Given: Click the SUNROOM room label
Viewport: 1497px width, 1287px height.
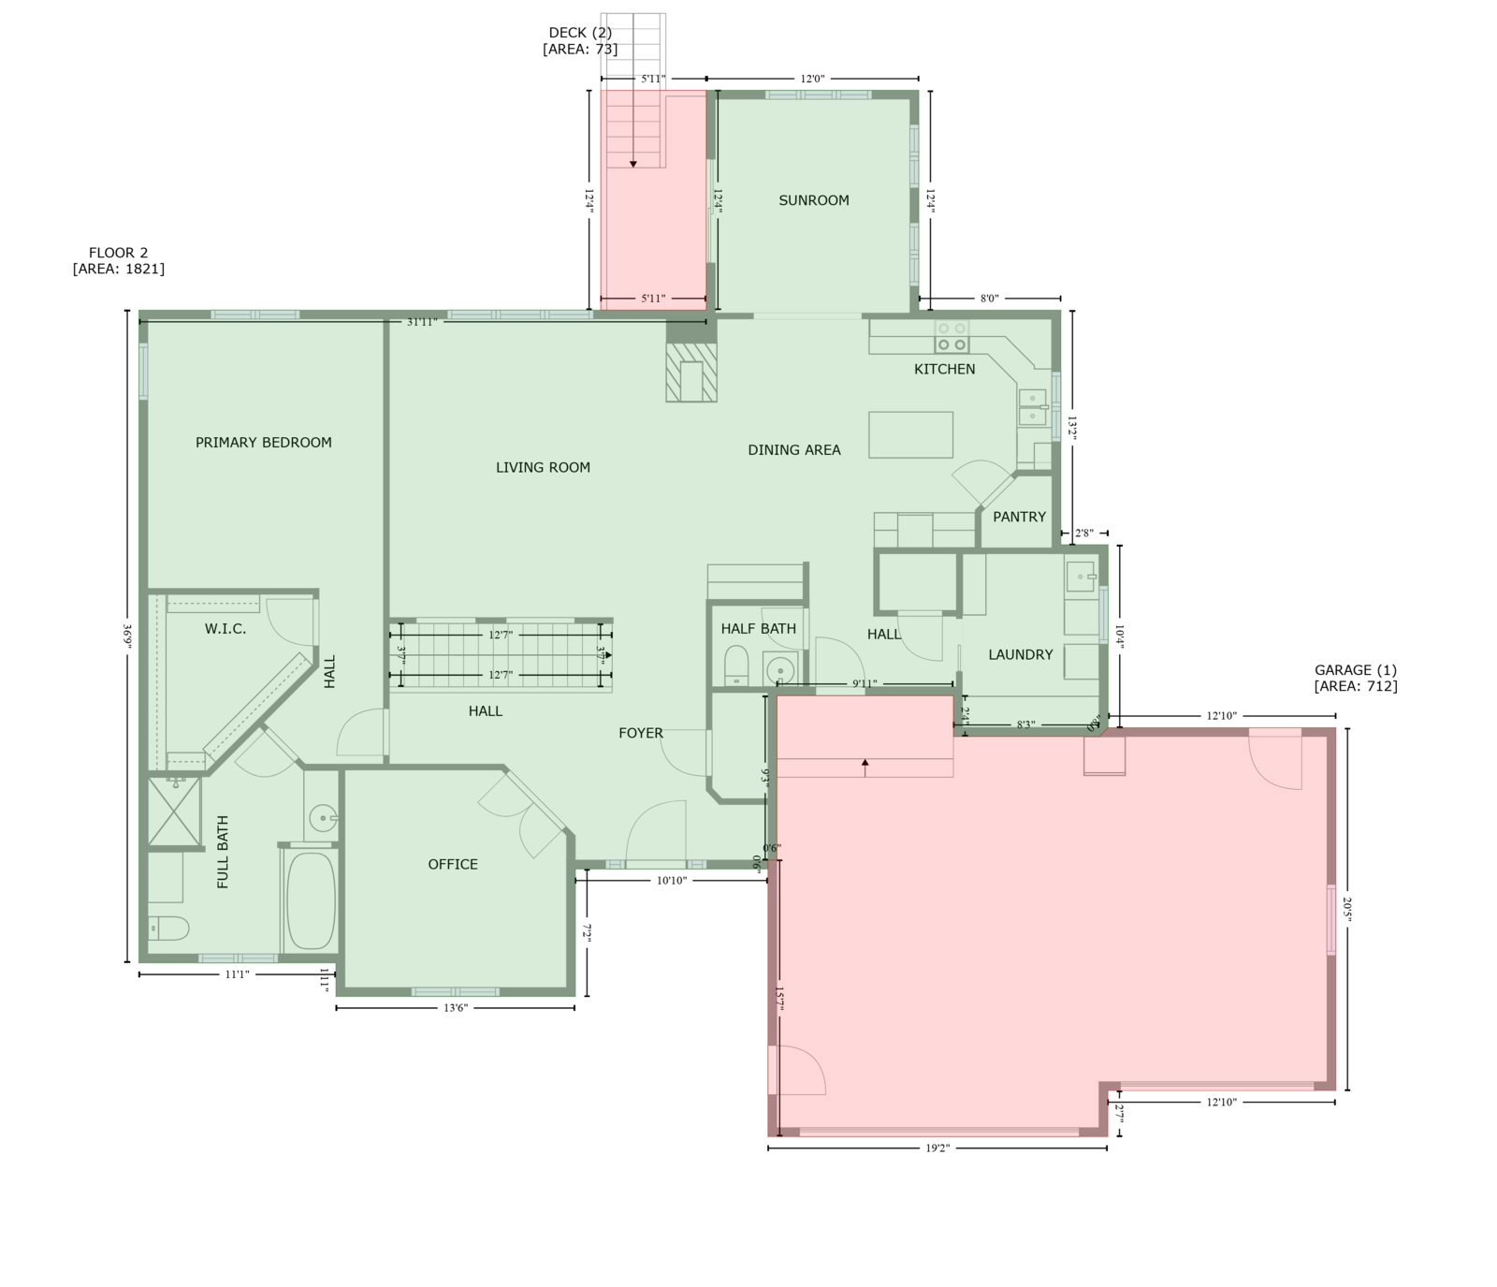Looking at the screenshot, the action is click(814, 200).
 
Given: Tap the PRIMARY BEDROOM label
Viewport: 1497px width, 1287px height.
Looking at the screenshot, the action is click(264, 443).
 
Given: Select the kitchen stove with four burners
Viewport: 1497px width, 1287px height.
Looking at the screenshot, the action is click(952, 336).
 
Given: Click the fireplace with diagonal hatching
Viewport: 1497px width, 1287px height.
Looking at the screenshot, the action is click(691, 372).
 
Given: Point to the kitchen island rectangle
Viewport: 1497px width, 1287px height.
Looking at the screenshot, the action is click(910, 435).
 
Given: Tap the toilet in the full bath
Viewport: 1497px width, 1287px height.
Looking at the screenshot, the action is click(168, 929).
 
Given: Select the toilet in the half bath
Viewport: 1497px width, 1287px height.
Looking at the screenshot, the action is click(737, 665).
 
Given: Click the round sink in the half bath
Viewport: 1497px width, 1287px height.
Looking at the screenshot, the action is click(779, 670).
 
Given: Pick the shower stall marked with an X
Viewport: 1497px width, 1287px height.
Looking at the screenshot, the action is click(175, 811).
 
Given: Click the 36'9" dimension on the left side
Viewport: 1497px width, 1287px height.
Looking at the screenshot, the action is click(126, 636).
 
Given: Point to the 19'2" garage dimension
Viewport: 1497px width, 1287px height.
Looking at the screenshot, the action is click(937, 1148).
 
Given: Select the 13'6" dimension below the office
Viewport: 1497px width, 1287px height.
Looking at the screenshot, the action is click(456, 1008).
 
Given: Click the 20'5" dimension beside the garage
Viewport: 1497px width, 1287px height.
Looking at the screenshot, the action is click(1347, 909).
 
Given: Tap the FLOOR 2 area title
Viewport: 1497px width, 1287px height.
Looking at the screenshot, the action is click(119, 260).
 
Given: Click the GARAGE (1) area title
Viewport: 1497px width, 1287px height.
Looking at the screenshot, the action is click(1356, 678).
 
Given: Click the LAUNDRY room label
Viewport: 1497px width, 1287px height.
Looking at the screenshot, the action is click(1021, 655).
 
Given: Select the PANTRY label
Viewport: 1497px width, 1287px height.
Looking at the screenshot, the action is click(1020, 517).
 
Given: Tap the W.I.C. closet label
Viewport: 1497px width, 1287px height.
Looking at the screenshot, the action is click(225, 629).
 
